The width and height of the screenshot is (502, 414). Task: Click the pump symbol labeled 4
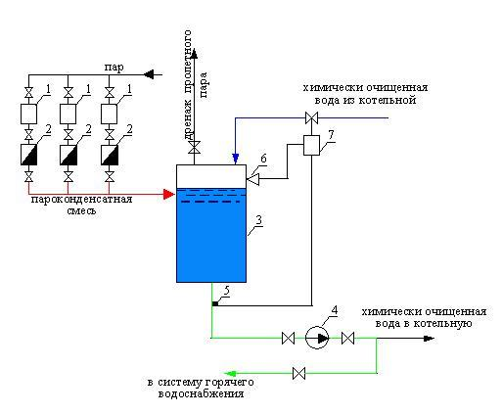317,338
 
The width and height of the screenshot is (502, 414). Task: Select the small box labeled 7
311,146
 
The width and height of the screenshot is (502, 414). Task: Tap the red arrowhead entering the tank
169,194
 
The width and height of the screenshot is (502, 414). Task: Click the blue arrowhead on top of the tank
235,159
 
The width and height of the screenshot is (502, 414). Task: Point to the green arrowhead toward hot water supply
230,374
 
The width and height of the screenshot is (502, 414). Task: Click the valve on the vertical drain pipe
195,148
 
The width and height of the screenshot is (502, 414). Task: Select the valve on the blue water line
311,117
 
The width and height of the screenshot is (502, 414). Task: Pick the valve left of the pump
288,339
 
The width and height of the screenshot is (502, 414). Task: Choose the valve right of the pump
347,339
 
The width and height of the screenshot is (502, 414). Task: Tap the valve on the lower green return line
298,373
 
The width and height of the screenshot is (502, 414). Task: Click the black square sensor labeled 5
215,304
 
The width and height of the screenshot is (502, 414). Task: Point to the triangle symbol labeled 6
252,179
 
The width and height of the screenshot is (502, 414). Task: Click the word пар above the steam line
114,68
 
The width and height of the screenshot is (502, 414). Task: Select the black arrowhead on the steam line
149,74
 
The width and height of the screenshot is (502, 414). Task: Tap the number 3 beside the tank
258,220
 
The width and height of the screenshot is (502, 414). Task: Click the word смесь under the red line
81,210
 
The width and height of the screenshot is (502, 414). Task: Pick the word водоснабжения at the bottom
202,393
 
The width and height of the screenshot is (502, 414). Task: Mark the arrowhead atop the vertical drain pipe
195,53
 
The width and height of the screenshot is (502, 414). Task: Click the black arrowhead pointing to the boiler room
429,339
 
